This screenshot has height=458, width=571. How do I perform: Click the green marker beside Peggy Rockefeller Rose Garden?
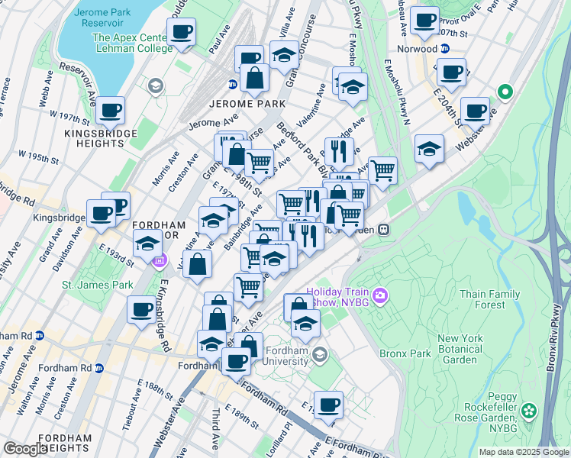tap(549, 412)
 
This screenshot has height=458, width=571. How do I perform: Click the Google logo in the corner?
tap(25, 449)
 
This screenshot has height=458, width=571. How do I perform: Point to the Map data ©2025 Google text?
tap(523, 452)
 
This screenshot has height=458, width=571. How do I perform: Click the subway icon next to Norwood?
tap(445, 48)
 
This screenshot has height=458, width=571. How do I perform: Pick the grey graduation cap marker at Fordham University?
tap(320, 353)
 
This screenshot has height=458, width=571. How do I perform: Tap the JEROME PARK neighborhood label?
tap(236, 103)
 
